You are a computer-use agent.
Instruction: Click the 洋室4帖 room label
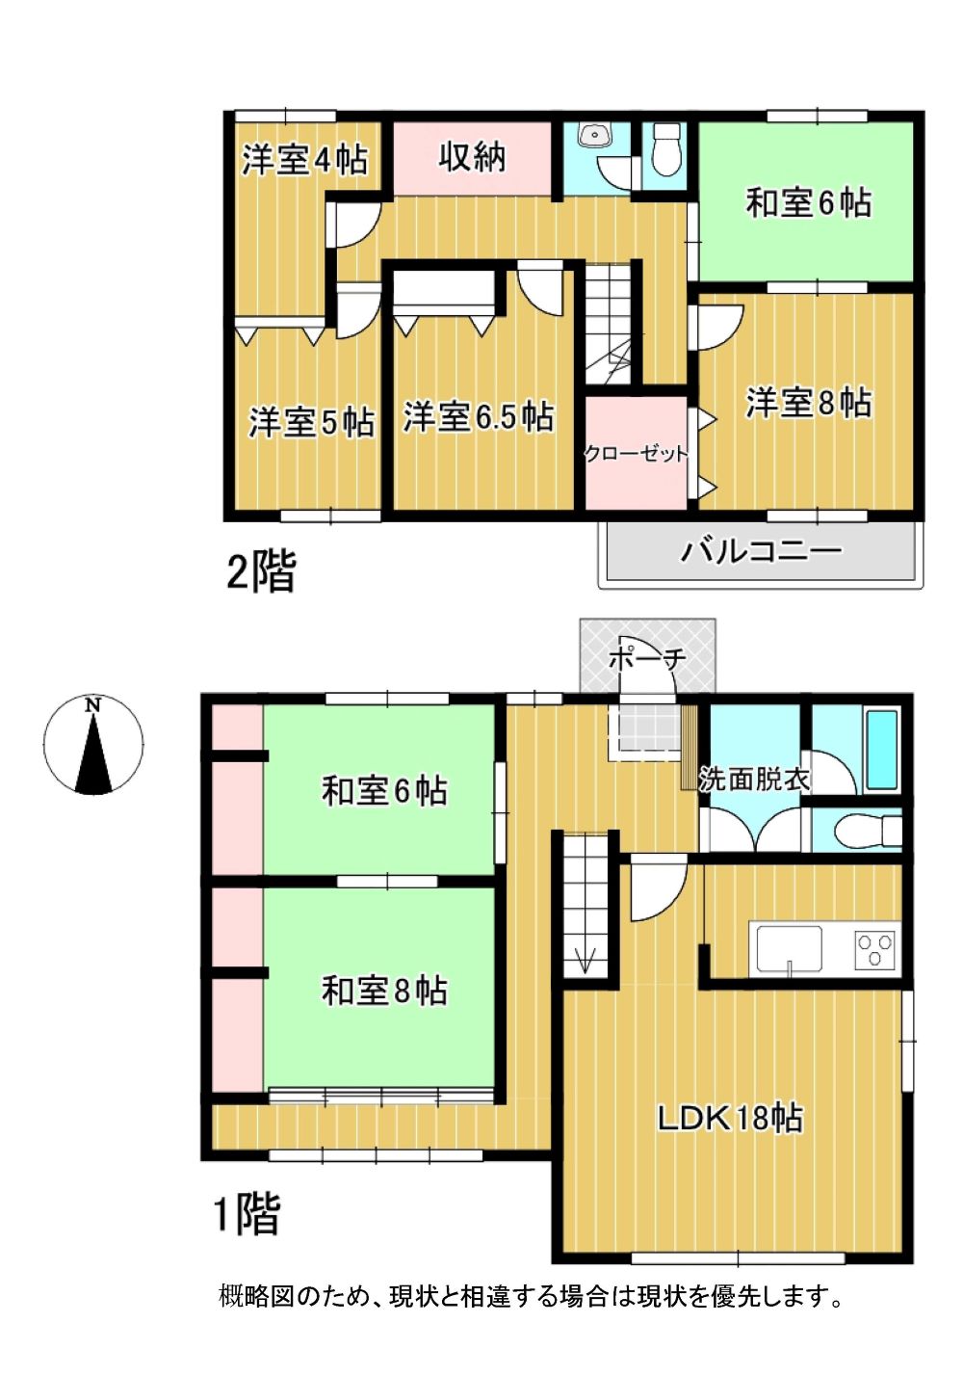(304, 160)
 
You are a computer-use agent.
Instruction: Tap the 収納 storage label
(472, 157)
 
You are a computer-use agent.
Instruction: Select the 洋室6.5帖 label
(478, 416)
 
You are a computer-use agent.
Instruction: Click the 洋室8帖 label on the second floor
(808, 403)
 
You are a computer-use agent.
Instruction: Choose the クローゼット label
(636, 454)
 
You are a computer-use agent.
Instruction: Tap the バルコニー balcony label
(761, 550)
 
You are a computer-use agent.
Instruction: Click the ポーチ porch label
(647, 659)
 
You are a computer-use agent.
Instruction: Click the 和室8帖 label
(384, 991)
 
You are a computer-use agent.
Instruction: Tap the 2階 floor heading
(262, 570)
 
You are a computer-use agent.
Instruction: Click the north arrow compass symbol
(93, 745)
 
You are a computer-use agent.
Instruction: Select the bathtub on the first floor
(881, 750)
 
